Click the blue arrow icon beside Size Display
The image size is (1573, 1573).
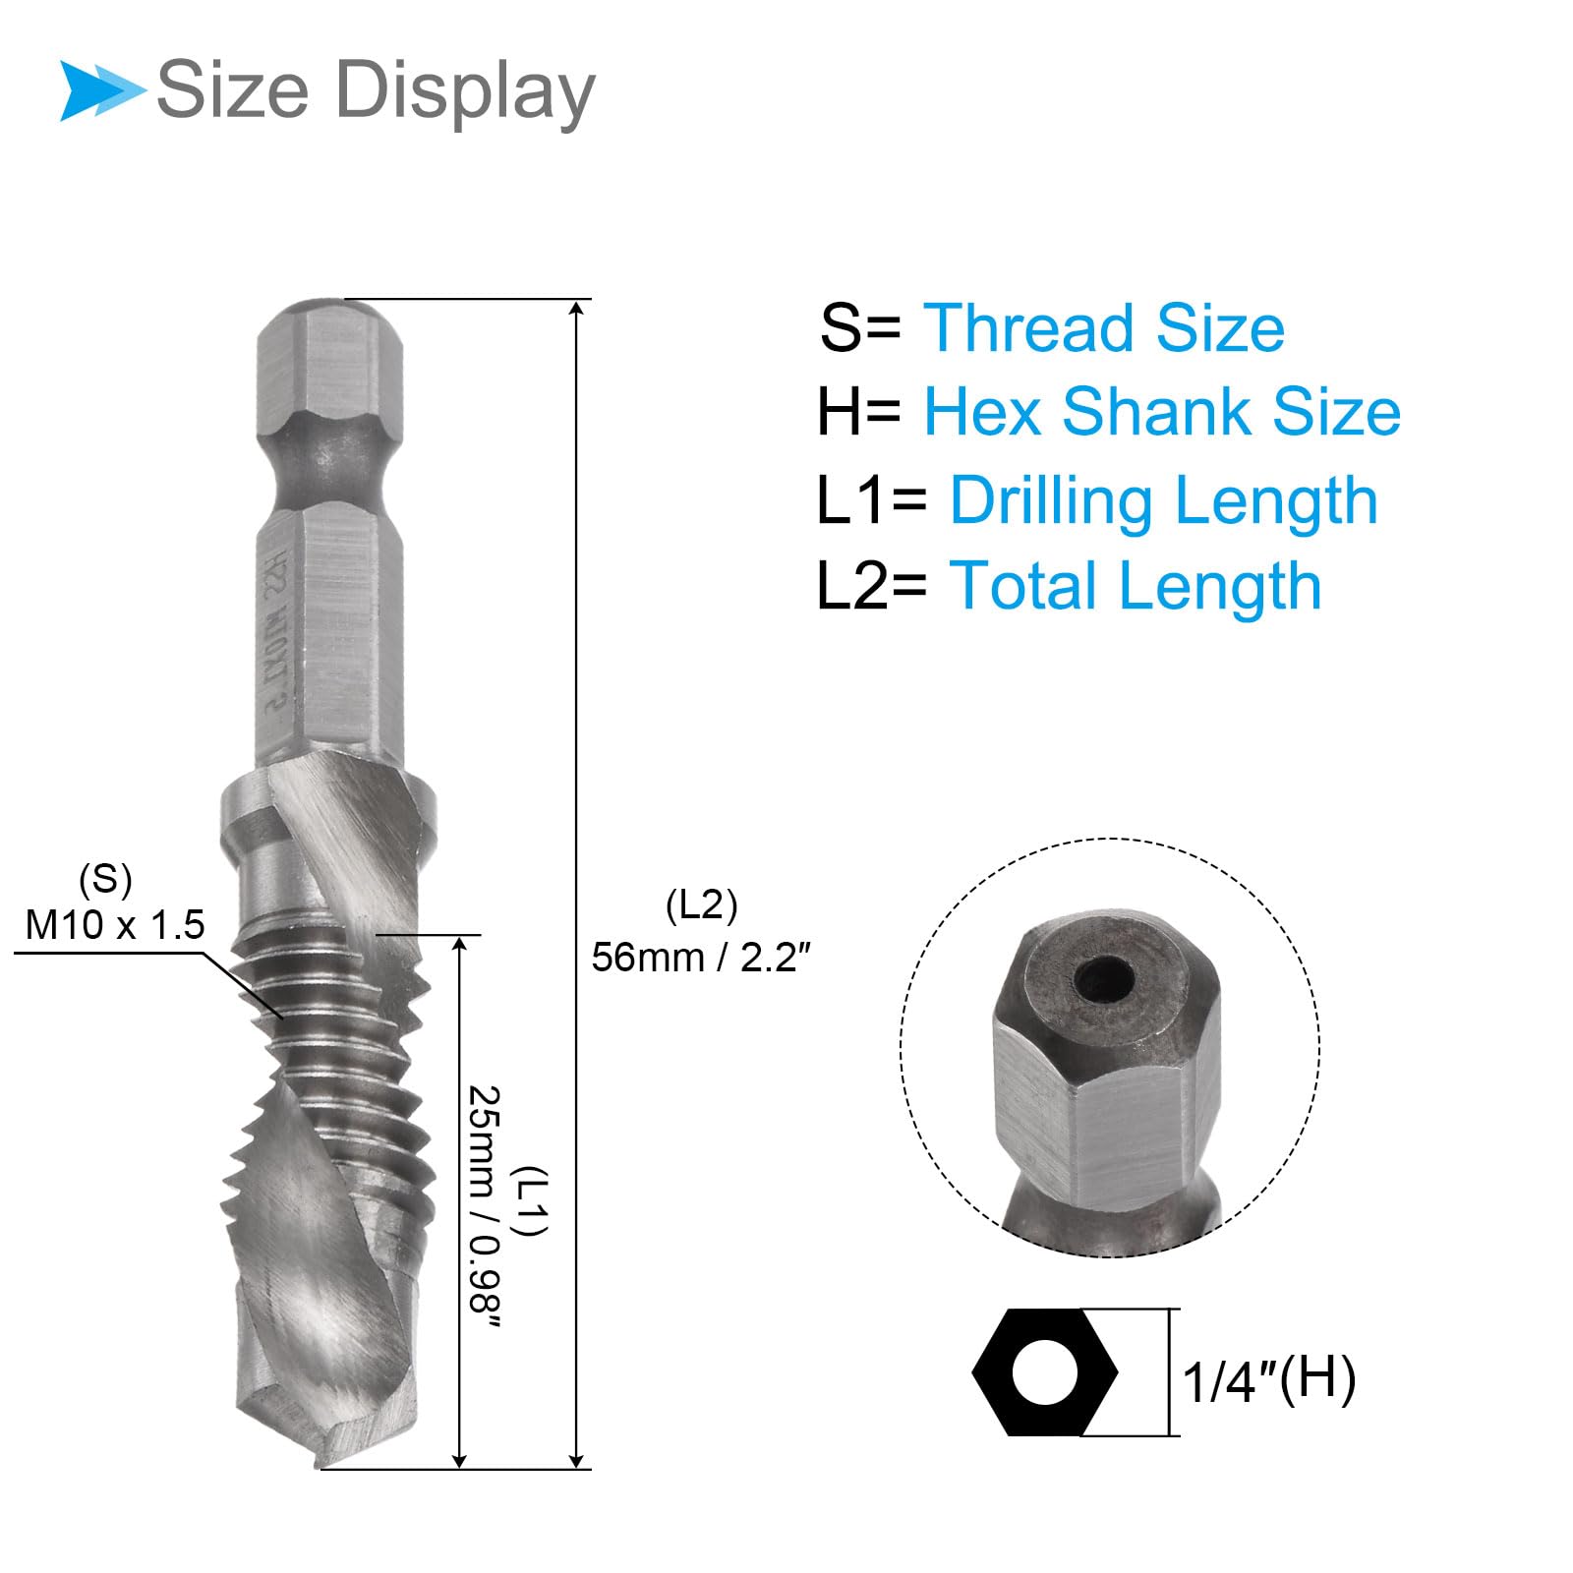(x=101, y=90)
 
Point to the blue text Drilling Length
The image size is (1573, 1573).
(x=1163, y=501)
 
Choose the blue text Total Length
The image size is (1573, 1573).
(x=1135, y=587)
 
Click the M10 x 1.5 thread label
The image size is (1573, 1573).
(x=115, y=925)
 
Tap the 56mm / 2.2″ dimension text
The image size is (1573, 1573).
(x=700, y=957)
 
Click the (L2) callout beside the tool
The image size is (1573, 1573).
(x=701, y=904)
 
